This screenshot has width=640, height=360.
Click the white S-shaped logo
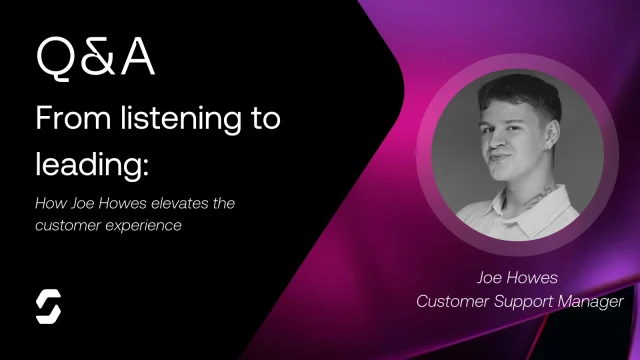tap(48, 307)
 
